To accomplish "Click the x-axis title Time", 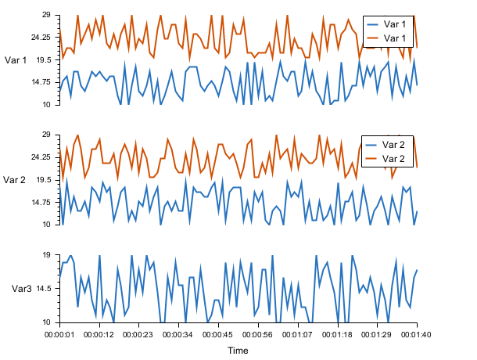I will point(238,351).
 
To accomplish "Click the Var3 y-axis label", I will point(21,289).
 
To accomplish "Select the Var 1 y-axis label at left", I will point(16,60).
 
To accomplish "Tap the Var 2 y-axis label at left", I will point(15,180).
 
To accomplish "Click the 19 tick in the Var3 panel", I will point(46,255).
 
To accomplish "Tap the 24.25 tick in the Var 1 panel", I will point(40,38).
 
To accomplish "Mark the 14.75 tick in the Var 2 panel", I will point(40,203).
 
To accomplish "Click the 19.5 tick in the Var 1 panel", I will point(42,59).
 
